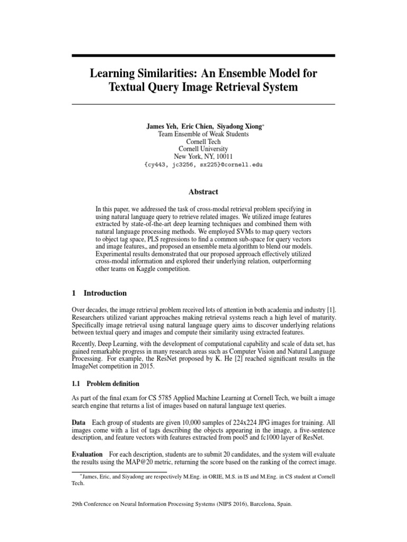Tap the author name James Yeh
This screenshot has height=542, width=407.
tap(162, 127)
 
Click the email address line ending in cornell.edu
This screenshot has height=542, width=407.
tap(203, 164)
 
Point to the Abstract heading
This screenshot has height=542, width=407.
tap(203, 192)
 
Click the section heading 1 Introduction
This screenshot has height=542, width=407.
tap(99, 293)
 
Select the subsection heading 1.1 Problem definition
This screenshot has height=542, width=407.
tap(105, 383)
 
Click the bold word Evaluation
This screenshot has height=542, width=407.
tap(87, 455)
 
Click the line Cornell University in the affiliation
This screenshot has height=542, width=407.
tap(203, 149)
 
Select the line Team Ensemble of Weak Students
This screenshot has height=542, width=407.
tap(203, 134)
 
